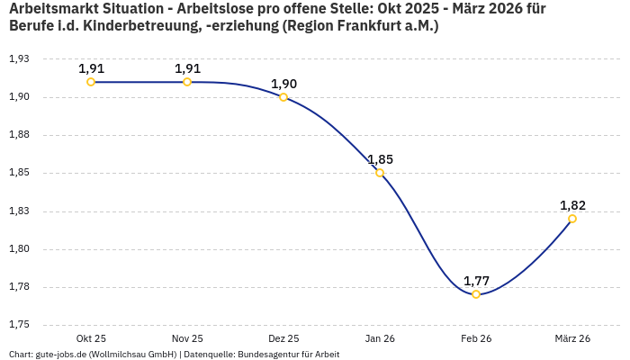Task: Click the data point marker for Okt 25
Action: [x=91, y=82]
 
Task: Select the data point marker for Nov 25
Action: [x=187, y=82]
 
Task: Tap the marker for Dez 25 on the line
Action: [x=283, y=97]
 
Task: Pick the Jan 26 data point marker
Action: [x=380, y=173]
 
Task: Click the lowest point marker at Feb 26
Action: [x=476, y=294]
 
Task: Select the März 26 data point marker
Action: [x=572, y=219]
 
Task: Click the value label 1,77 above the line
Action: [x=476, y=281]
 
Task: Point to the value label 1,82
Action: [x=572, y=205]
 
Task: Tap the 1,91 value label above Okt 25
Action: [x=91, y=68]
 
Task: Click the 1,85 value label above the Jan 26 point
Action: [x=380, y=159]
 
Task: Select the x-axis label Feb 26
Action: [x=476, y=338]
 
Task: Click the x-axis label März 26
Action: [x=572, y=338]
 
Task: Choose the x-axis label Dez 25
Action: [x=283, y=338]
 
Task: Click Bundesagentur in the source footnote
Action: [x=265, y=355]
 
